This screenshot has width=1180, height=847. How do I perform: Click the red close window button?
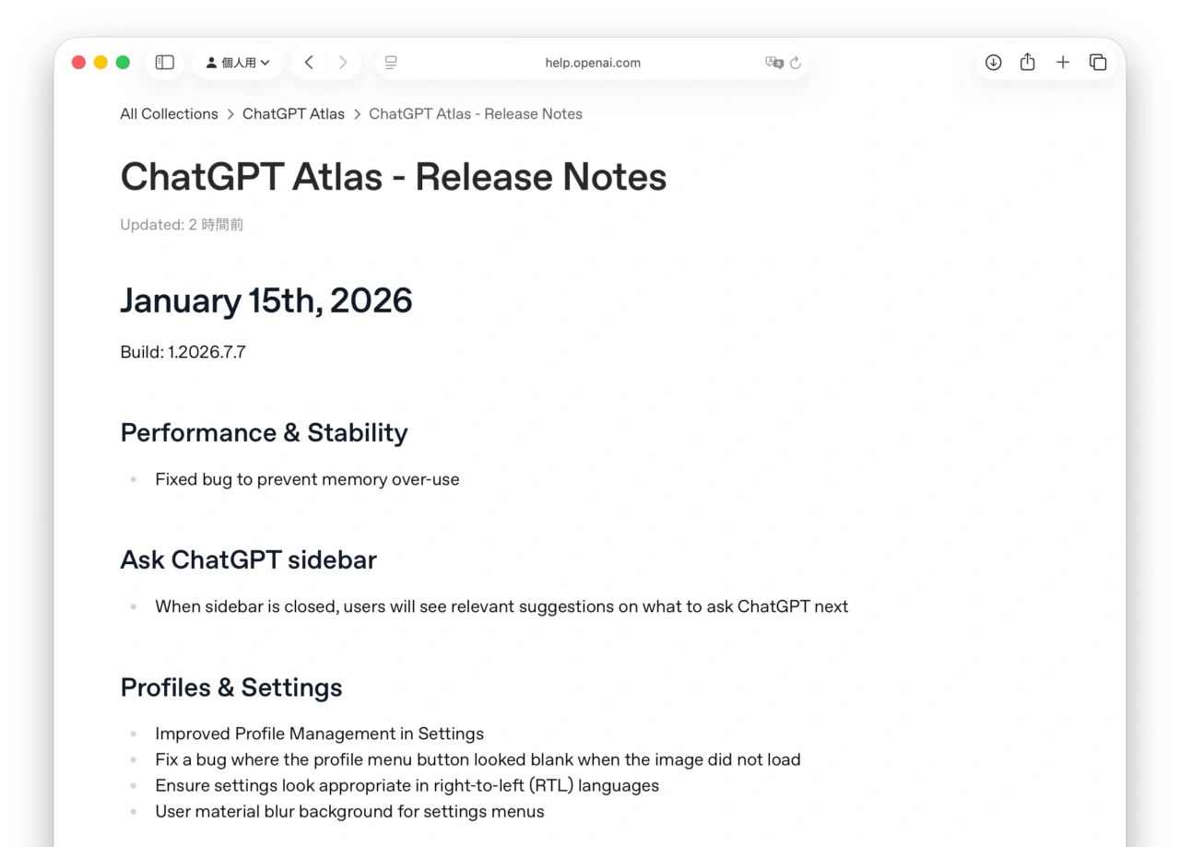[x=78, y=63]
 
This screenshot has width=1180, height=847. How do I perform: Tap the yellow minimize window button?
[x=100, y=63]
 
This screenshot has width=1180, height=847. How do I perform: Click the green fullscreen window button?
[x=123, y=63]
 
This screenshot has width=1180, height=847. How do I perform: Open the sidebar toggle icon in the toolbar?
[x=165, y=63]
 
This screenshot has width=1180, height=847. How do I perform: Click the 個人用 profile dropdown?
[x=238, y=63]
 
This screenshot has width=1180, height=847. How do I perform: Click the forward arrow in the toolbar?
[x=343, y=63]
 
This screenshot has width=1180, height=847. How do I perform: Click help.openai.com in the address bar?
[x=592, y=63]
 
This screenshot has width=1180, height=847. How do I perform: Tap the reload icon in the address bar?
[x=796, y=64]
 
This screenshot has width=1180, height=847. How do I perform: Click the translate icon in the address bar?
[x=773, y=63]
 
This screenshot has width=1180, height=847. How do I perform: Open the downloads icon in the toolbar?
[x=993, y=63]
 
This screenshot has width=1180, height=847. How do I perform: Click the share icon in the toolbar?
[x=1028, y=63]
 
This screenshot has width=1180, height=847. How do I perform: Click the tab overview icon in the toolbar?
[x=1098, y=63]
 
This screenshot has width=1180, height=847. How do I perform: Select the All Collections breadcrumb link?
[x=169, y=114]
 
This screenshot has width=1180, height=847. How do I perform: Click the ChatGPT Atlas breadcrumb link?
[x=293, y=114]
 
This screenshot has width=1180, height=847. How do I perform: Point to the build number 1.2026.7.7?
[x=206, y=352]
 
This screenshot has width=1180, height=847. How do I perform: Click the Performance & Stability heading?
[x=264, y=433]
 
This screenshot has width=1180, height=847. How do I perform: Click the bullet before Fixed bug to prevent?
[x=134, y=480]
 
